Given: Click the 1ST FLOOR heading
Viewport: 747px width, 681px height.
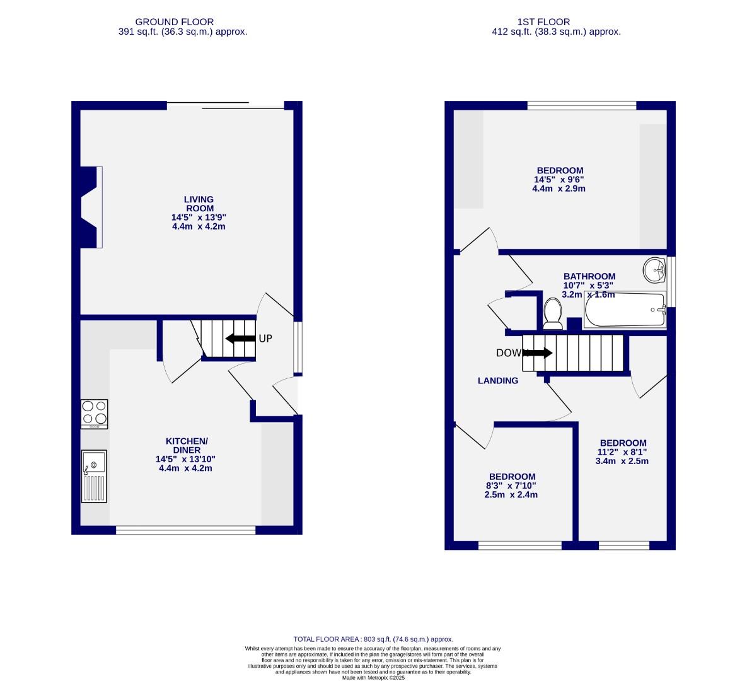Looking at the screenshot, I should (x=556, y=22).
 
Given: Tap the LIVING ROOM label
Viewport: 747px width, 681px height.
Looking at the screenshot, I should (x=199, y=204).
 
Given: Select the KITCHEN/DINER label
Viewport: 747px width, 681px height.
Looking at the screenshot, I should (x=186, y=445).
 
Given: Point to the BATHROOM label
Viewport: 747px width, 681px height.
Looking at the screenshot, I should (x=589, y=276).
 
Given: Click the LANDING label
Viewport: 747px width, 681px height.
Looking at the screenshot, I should (x=497, y=380).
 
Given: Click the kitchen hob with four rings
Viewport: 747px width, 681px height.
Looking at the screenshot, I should (x=94, y=414).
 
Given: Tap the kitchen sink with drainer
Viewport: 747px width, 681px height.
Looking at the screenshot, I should (x=94, y=476).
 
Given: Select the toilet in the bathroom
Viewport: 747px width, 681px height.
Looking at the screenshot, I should (x=553, y=313).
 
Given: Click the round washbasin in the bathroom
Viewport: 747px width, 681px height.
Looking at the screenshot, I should (x=655, y=271).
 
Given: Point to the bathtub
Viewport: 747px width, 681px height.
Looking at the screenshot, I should (x=624, y=310).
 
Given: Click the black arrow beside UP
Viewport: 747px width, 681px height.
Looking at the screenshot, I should (x=241, y=339).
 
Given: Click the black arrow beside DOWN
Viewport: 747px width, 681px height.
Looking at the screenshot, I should (x=536, y=353).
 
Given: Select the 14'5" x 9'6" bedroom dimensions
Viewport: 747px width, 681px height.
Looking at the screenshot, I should (x=560, y=179).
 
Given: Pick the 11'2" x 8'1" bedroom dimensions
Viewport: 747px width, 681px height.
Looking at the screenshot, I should (x=622, y=451).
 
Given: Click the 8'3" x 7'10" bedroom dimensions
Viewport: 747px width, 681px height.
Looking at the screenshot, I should (x=512, y=486).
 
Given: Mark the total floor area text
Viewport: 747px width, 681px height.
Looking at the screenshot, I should (x=373, y=639).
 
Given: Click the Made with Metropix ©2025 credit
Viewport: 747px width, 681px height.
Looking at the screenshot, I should (x=373, y=678).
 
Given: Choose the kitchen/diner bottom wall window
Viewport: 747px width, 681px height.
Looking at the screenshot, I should (x=186, y=530).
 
